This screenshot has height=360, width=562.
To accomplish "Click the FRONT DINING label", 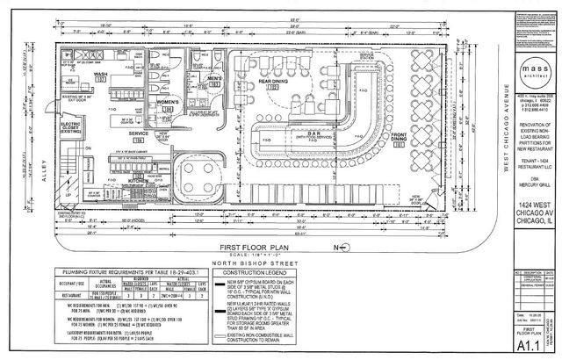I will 399,137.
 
